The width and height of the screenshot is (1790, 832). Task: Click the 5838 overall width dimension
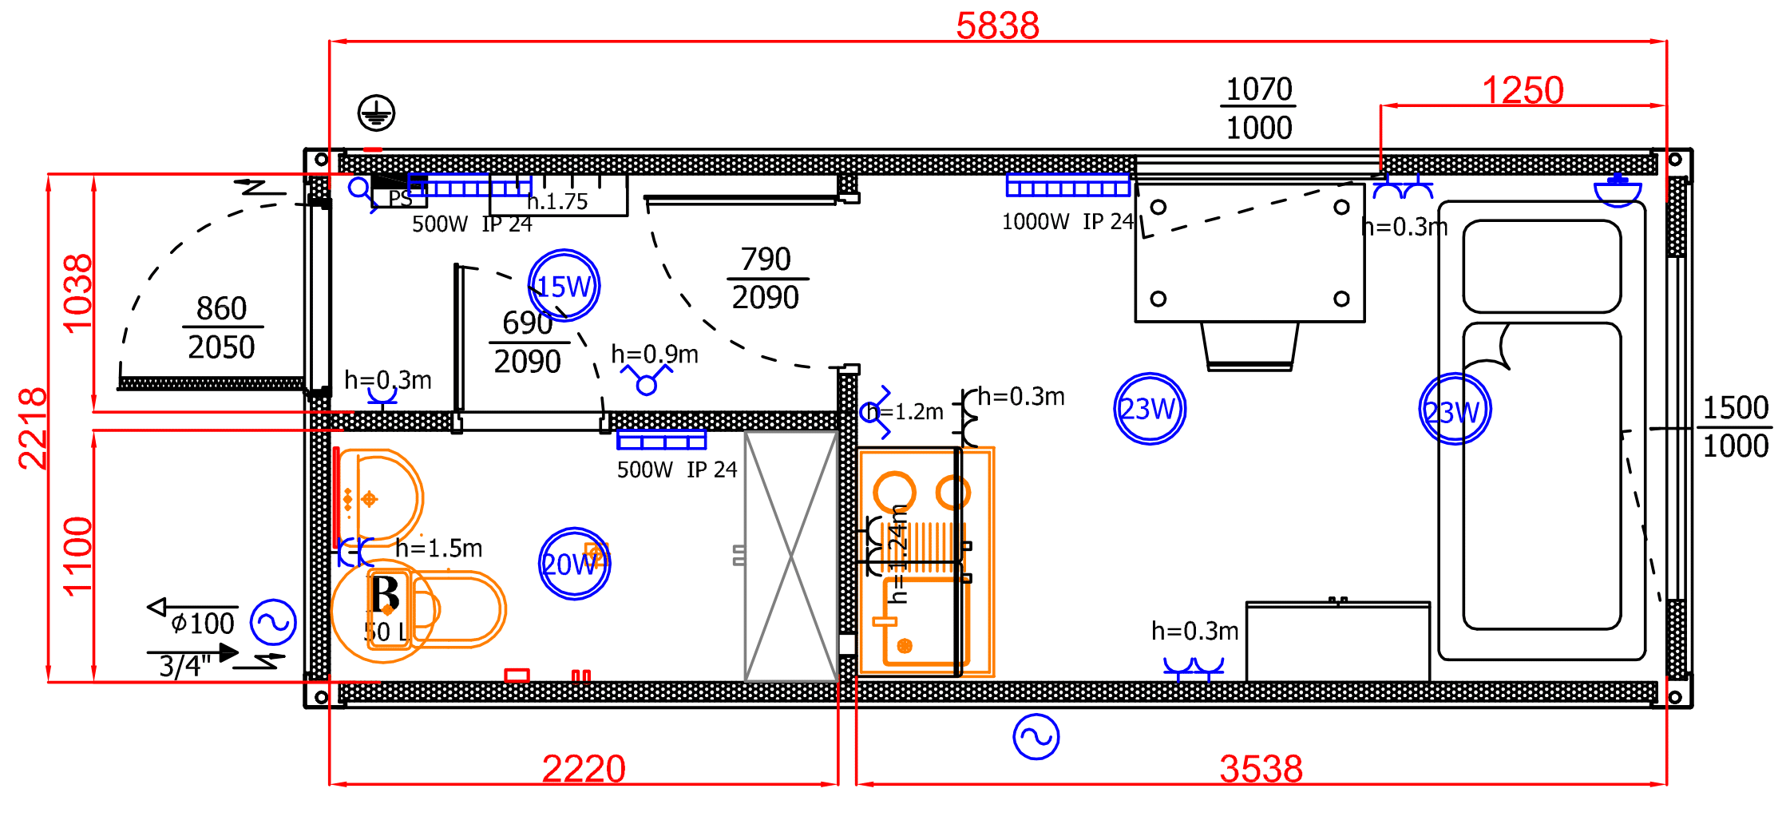coord(997,26)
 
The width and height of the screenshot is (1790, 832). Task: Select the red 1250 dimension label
coord(1522,90)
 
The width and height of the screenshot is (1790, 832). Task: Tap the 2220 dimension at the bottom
coord(584,769)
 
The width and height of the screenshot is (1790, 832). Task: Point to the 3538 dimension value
coord(1261,769)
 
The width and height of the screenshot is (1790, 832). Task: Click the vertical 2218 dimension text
coord(33,428)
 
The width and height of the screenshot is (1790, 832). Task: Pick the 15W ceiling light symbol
coord(564,286)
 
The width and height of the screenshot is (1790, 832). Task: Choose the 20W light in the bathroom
coord(574,564)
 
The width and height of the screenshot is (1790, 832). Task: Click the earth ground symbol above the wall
coord(376,113)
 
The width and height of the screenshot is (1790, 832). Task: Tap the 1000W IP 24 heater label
coord(1067,222)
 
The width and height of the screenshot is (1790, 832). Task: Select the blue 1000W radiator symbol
coord(1067,185)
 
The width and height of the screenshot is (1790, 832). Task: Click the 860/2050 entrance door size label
coord(222,327)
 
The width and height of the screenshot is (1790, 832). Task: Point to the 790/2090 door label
coord(766,278)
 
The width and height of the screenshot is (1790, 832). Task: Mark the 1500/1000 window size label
coord(1736,427)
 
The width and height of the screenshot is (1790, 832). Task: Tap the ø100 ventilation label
coord(203,624)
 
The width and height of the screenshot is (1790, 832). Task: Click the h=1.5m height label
coord(439,549)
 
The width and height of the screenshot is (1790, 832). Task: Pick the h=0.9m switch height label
coord(655,354)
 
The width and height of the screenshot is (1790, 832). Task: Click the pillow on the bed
coord(1542,266)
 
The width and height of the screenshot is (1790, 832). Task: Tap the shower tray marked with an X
coord(790,556)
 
